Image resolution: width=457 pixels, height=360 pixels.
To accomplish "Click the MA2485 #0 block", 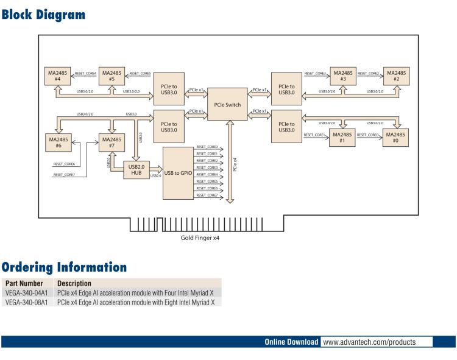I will pyautogui.click(x=397, y=138).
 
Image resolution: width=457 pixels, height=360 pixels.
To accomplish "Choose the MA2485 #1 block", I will pyautogui.click(x=342, y=138).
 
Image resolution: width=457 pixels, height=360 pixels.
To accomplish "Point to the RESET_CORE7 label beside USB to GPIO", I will pyautogui.click(x=208, y=196).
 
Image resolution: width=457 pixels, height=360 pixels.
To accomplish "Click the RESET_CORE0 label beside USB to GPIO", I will pyautogui.click(x=208, y=147).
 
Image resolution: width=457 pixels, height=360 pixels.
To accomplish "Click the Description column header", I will pyautogui.click(x=74, y=284).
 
